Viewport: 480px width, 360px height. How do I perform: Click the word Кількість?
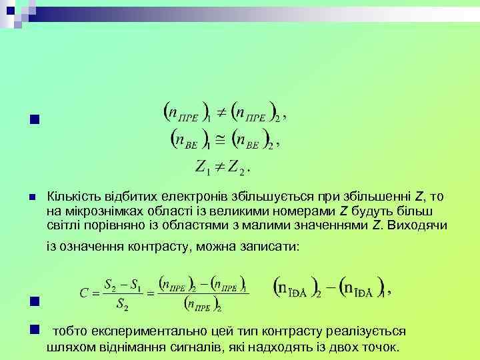point(71,197)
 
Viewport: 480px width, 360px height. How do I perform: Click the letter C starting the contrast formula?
point(84,293)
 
